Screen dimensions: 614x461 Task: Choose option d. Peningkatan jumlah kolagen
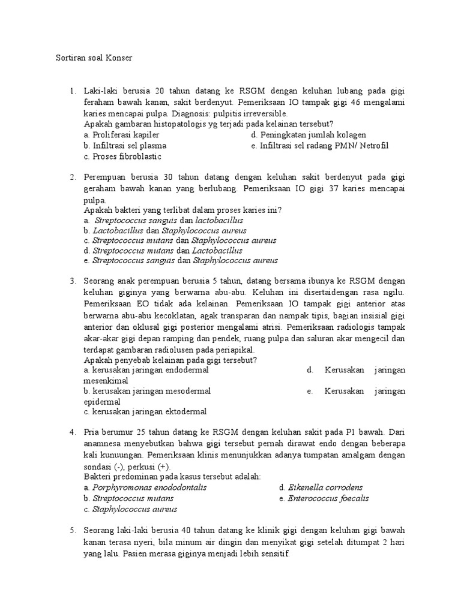[x=309, y=135]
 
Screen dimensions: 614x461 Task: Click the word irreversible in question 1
[x=264, y=113]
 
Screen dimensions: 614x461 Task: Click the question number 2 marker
[x=72, y=177]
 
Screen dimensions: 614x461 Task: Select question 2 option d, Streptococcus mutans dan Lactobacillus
[x=163, y=250]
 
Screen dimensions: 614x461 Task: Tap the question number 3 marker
[x=72, y=281]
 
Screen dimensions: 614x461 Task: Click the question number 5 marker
[x=72, y=531]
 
